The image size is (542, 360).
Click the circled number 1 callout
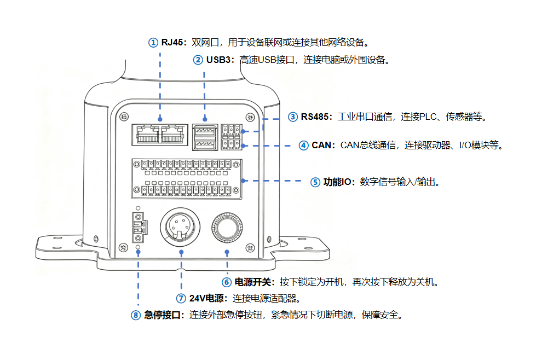[153, 42]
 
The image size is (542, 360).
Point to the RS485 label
[316, 117]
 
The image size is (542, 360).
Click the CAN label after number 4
[322, 145]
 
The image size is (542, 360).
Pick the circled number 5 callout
[315, 182]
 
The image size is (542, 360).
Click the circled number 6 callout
[226, 282]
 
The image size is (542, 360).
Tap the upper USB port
[204, 131]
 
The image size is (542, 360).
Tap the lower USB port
[204, 145]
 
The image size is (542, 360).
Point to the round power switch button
[227, 227]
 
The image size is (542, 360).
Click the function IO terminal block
[186, 178]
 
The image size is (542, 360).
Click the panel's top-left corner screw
[124, 117]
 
